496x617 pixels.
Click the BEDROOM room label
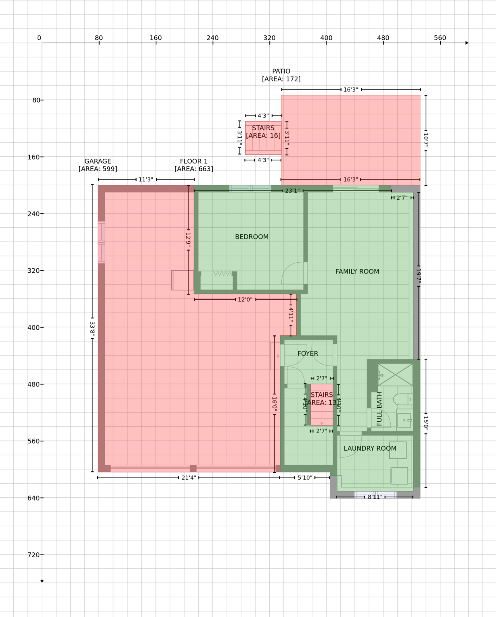pos(252,237)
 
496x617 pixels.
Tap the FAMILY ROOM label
pos(357,272)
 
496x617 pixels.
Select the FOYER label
pos(307,353)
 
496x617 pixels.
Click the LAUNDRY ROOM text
pos(370,448)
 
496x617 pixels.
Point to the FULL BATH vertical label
pos(379,409)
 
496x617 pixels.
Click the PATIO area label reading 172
pos(281,79)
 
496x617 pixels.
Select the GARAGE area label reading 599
pos(98,169)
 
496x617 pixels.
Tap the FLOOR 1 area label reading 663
pos(194,169)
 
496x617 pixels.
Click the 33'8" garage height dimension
pos(92,329)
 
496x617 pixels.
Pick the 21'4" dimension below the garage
pos(189,478)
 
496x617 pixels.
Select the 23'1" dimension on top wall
pos(292,191)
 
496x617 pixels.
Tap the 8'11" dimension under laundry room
pos(375,497)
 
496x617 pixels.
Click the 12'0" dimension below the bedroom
pos(245,299)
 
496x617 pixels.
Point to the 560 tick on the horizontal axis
pos(440,38)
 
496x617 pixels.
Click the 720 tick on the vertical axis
pos(34,555)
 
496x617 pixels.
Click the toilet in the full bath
pos(402,399)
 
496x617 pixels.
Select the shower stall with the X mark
pos(395,374)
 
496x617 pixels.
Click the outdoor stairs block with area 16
pos(263,138)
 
